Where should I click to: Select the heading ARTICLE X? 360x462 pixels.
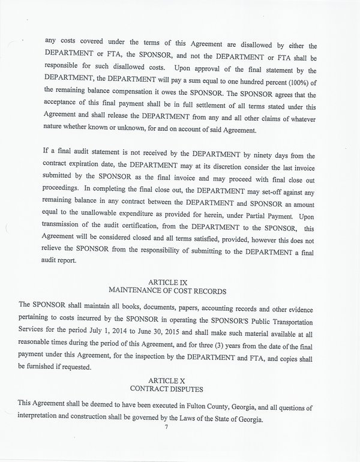point(180,381)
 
